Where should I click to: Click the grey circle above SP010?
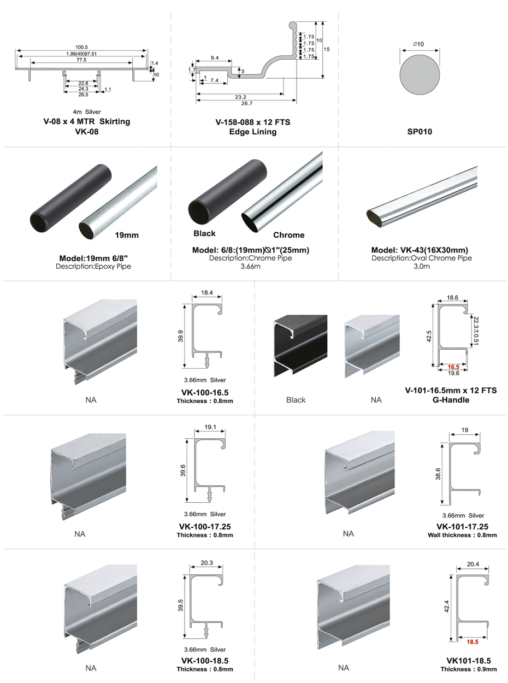coord(420,76)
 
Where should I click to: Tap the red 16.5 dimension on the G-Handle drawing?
coord(452,367)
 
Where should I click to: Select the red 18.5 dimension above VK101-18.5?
coord(472,642)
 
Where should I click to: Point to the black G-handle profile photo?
coord(300,346)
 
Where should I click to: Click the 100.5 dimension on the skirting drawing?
coord(81,47)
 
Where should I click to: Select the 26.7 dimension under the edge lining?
coord(246,103)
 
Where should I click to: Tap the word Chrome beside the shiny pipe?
coord(288,235)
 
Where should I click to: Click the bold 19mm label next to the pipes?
coord(127,235)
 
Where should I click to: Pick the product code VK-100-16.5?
coord(205,392)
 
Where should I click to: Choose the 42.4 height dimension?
coord(447,607)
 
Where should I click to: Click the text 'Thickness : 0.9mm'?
coord(469,669)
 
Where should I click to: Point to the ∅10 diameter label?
coord(419,44)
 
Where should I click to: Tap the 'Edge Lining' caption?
coord(253,132)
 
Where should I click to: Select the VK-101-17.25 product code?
coord(462,527)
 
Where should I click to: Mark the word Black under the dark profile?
coord(296,400)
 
